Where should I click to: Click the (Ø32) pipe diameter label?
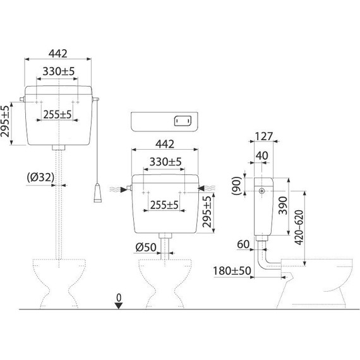(x=40, y=177)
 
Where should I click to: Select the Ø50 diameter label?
(x=146, y=248)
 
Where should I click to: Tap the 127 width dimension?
(x=264, y=136)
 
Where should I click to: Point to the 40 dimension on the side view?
(x=261, y=155)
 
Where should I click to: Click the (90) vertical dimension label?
(x=236, y=186)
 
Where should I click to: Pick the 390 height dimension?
(x=283, y=205)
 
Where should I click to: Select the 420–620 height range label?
(x=299, y=227)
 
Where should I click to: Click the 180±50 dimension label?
(x=232, y=271)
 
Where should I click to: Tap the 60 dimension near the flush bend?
(x=243, y=244)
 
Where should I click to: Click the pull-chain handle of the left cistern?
(x=97, y=193)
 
